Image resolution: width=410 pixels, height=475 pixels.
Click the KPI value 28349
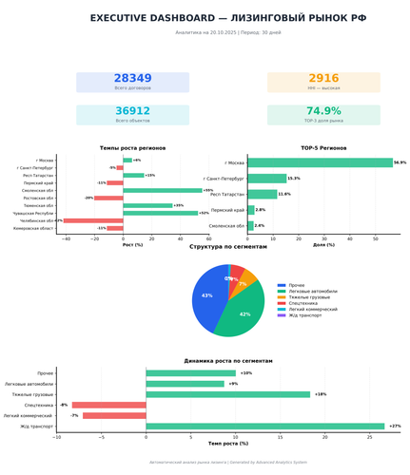(132, 79)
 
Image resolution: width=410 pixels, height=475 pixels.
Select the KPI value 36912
(132, 111)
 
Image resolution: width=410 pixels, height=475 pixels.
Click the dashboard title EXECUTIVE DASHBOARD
(205, 18)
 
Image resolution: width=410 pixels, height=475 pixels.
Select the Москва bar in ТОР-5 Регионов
(320, 162)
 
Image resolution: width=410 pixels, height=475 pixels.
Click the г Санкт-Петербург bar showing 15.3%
(266, 178)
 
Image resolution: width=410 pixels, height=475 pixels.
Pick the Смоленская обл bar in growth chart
(163, 190)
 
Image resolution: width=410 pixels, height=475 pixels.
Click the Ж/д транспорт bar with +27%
(265, 427)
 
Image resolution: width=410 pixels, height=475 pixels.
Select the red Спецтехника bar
(109, 405)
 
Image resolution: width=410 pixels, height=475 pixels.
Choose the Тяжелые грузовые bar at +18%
(228, 394)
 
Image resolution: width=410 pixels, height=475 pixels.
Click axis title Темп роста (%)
(227, 444)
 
